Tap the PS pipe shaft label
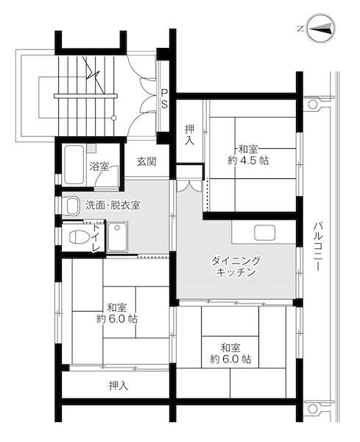click(164, 98)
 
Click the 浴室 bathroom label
click(99, 166)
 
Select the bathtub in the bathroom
click(74, 164)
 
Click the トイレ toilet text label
click(95, 238)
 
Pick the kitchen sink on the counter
click(265, 233)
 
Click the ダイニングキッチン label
click(236, 267)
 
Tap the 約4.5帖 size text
click(247, 161)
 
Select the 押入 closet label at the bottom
click(118, 385)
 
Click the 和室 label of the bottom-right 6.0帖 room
click(230, 347)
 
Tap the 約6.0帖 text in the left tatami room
click(116, 320)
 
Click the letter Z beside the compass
click(300, 28)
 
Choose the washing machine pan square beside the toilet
click(118, 237)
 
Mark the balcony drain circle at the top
click(312, 105)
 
